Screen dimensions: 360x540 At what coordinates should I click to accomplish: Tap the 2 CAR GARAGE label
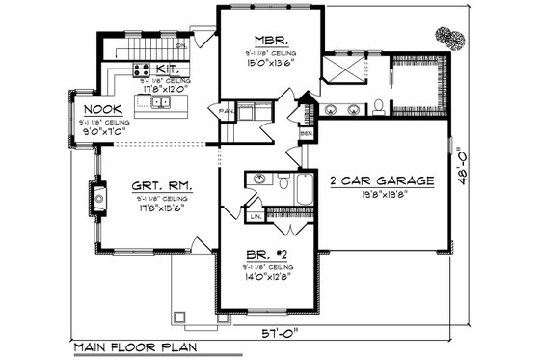(383, 180)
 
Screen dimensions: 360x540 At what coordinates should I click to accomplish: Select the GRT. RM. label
(159, 184)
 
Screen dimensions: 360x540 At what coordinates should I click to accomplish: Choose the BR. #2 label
(264, 256)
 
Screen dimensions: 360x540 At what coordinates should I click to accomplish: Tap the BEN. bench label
(305, 132)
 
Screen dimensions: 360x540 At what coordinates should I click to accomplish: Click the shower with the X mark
(342, 70)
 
